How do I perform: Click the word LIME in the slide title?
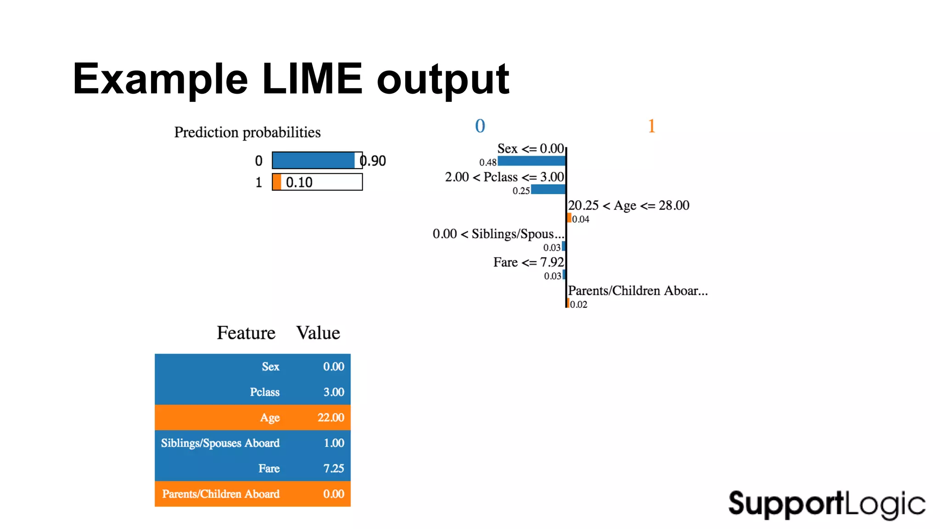(312, 79)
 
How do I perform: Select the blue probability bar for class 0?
(313, 160)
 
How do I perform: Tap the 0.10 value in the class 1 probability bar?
(299, 182)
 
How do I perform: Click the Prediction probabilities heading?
(247, 132)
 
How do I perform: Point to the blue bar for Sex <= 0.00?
(532, 161)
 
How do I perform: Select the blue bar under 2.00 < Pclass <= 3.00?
(548, 189)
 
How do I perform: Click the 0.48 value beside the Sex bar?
(487, 162)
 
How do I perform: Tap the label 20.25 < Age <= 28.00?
(628, 205)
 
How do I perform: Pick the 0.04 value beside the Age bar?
(581, 219)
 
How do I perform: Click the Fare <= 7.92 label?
(528, 262)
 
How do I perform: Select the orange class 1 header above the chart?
(651, 126)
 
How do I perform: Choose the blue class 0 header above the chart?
(480, 126)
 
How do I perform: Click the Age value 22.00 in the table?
(330, 417)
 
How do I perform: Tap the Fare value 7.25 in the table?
(333, 468)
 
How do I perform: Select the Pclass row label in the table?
(264, 392)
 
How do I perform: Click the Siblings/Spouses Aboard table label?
(220, 443)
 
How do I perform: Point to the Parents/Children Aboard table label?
(220, 494)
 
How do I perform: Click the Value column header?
(318, 333)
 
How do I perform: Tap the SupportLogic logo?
(827, 504)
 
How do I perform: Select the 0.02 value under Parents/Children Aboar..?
(578, 304)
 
